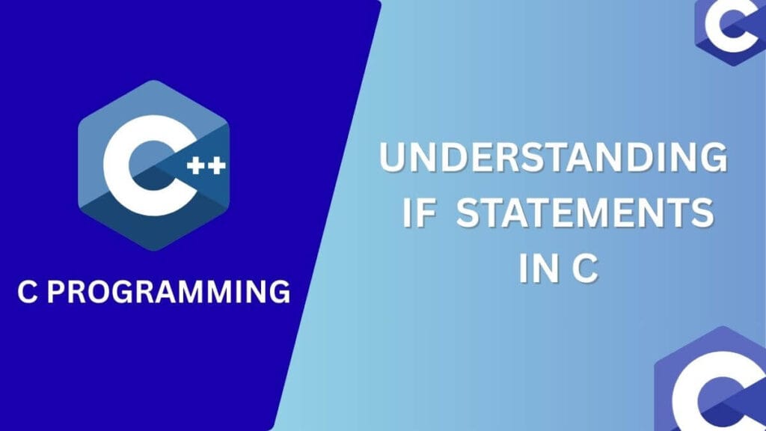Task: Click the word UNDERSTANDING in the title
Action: (x=553, y=160)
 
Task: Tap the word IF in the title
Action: (x=419, y=215)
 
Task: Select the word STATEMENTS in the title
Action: (x=584, y=215)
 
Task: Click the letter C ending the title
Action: (x=585, y=269)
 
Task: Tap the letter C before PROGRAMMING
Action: (x=28, y=291)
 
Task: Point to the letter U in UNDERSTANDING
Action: (x=394, y=160)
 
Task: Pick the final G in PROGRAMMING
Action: (x=278, y=291)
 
